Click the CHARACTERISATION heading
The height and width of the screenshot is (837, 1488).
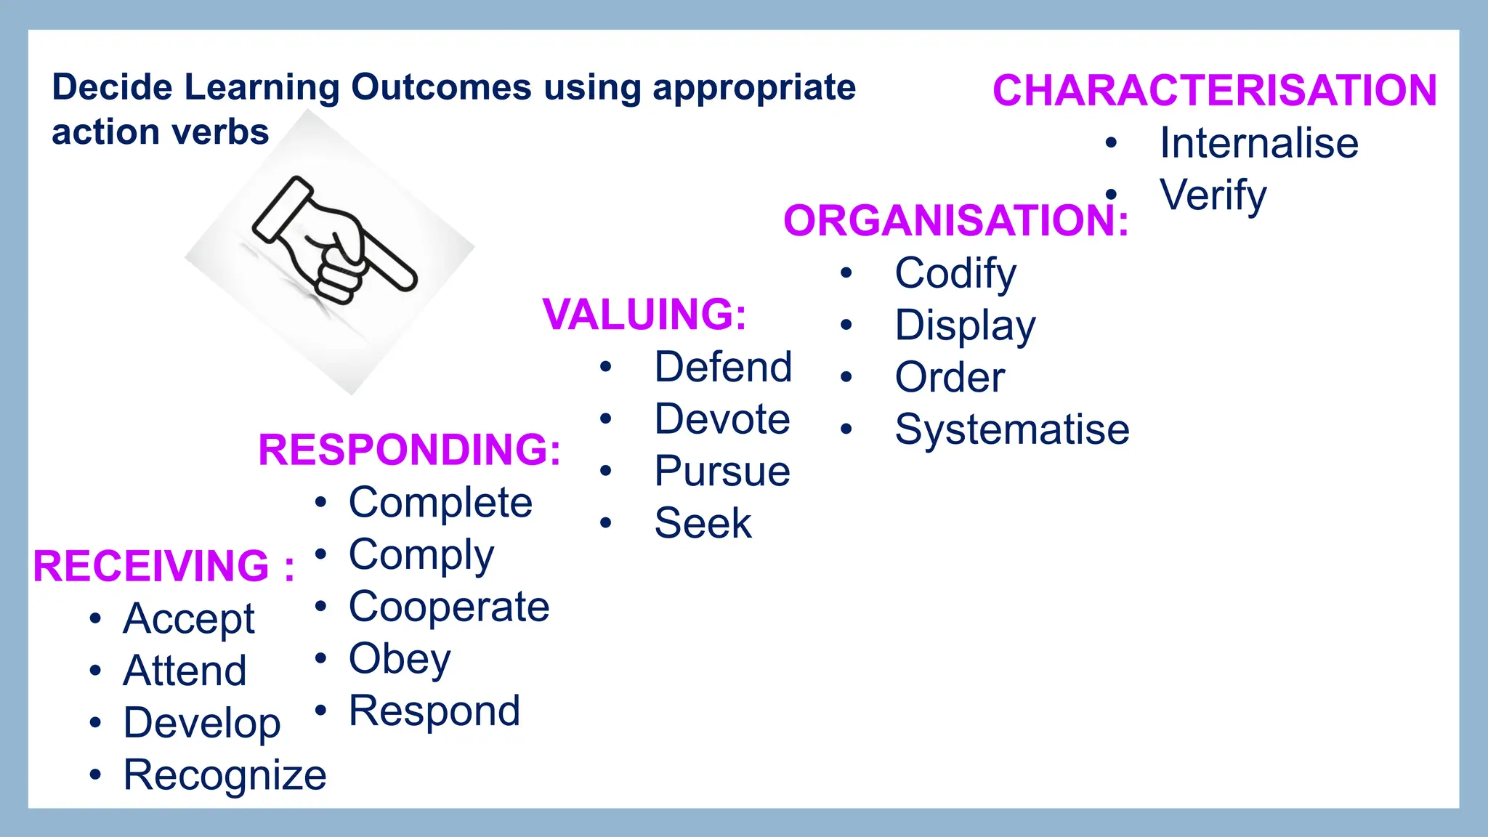click(x=1214, y=91)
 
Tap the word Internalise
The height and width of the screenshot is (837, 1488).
click(x=1258, y=142)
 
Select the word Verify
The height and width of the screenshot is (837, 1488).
click(x=1213, y=195)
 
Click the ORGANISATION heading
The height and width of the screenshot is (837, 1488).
click(x=955, y=221)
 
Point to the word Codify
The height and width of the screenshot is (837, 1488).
click(x=955, y=274)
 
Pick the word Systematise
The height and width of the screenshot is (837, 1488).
click(x=1011, y=429)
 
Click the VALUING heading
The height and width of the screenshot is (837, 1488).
click(x=644, y=315)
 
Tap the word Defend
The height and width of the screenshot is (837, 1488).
click(x=722, y=367)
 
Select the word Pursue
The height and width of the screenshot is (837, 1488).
click(x=721, y=471)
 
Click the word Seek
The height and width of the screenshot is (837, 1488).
click(x=702, y=523)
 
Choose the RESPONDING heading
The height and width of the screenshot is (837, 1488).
click(x=409, y=450)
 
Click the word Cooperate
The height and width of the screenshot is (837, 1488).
click(x=448, y=607)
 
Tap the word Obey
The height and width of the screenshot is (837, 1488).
click(x=399, y=659)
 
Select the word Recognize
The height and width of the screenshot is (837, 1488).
click(x=225, y=775)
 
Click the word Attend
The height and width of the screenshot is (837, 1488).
click(x=185, y=671)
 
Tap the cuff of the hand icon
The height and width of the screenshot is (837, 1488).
click(x=280, y=209)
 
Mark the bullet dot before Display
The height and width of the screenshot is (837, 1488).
click(x=846, y=325)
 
